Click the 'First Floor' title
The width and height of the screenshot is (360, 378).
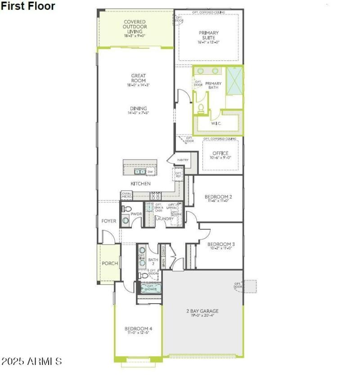coord(28,6)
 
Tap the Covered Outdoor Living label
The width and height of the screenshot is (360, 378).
coord(135,27)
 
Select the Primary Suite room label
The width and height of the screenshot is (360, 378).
coord(208,35)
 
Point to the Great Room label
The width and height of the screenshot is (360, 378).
coord(138,78)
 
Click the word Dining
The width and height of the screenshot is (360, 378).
coord(139,108)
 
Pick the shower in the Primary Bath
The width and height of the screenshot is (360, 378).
coord(234,81)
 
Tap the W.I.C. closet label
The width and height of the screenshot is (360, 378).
coord(216,123)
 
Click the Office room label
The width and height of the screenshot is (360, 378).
coord(220,154)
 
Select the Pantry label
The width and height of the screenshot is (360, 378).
coord(183,160)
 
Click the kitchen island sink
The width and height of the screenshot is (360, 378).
coord(139,172)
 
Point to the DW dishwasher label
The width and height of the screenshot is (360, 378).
coord(150,172)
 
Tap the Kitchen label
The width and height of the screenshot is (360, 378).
coord(140,184)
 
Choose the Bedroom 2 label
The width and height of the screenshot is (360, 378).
coord(218,197)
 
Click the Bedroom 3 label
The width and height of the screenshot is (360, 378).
coord(221,245)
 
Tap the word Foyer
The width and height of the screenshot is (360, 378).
coord(108,221)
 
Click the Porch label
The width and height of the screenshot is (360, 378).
coord(109,264)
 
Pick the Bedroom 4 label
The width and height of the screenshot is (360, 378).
coord(138,329)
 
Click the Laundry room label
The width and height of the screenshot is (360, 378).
coord(164,219)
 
